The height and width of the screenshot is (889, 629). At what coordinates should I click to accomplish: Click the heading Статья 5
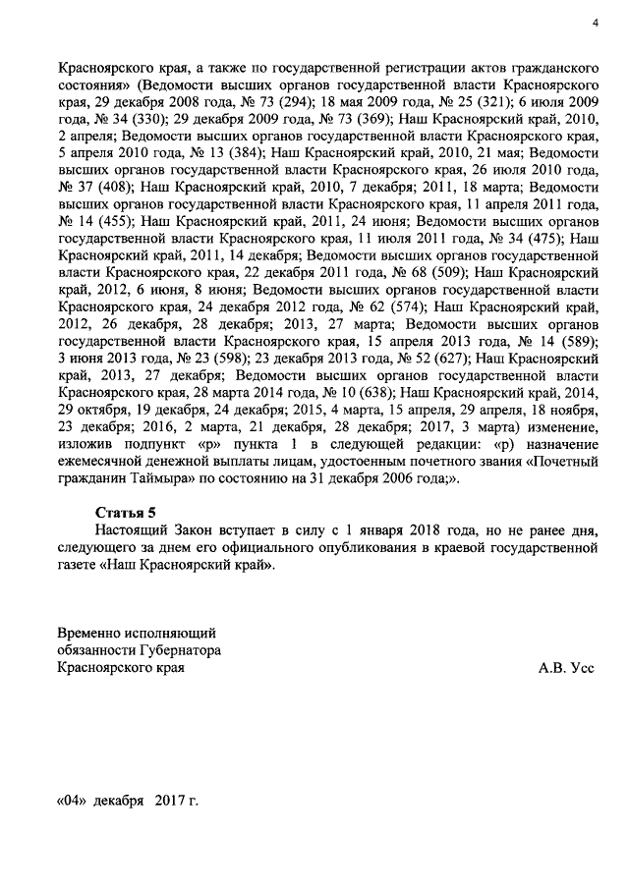[125, 512]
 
